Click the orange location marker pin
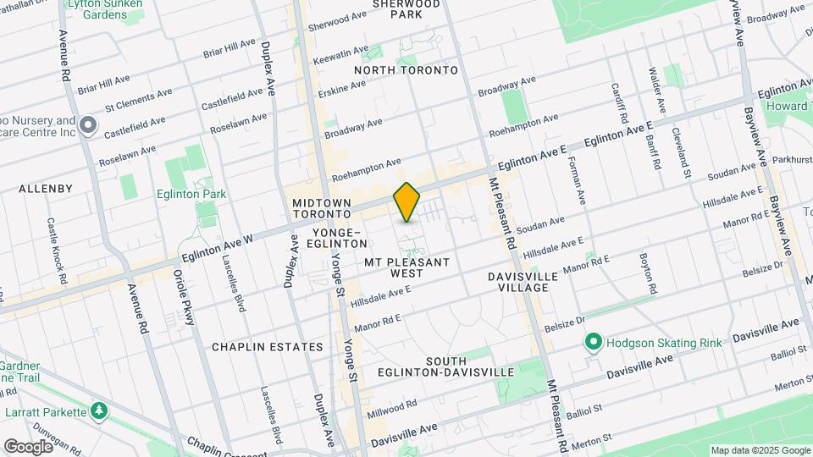tap(406, 202)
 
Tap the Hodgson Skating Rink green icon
tap(593, 343)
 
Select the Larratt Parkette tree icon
tap(100, 411)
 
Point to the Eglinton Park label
tap(191, 194)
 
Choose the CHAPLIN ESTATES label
tap(268, 347)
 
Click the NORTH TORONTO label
tap(406, 70)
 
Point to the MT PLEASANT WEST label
tap(406, 267)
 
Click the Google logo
tap(28, 446)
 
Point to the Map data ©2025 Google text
tap(760, 450)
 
